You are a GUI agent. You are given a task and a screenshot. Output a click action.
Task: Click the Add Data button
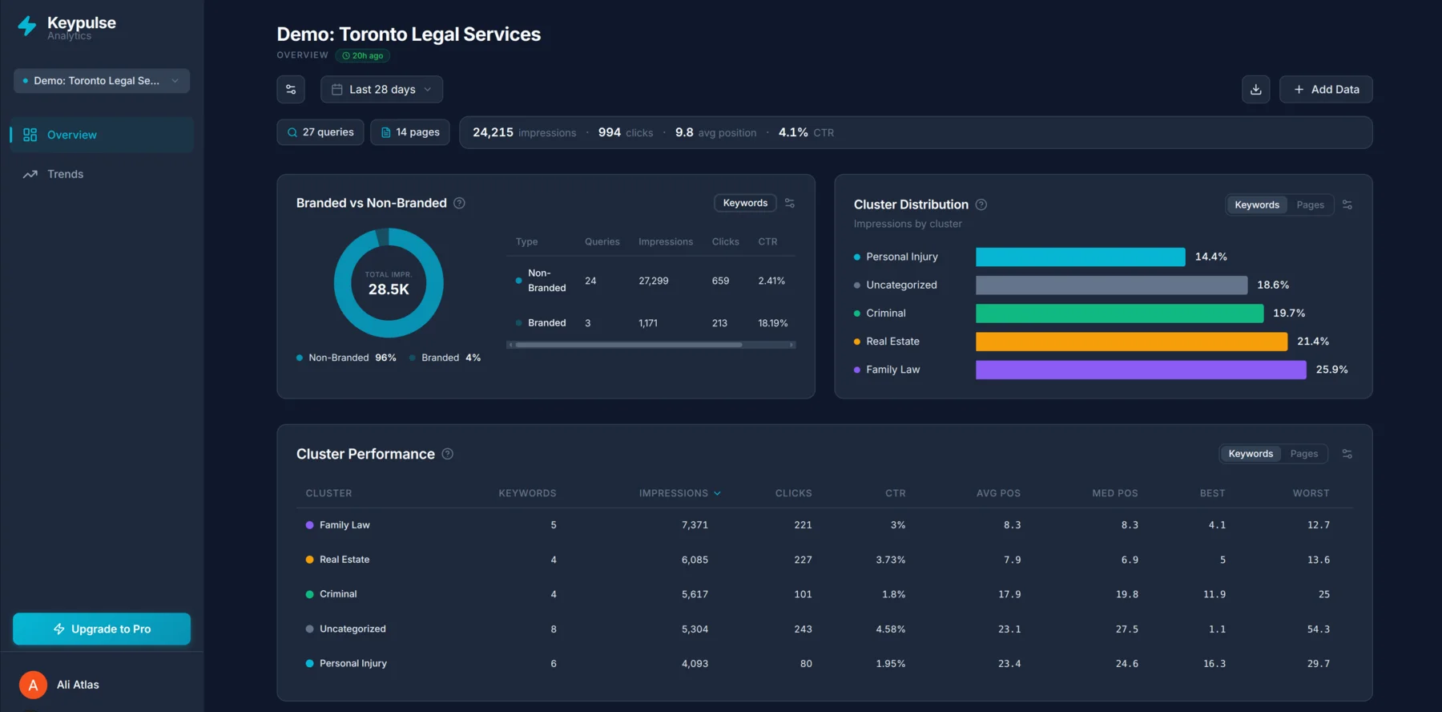[1326, 90]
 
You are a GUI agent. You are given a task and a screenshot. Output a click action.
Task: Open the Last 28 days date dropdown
[381, 90]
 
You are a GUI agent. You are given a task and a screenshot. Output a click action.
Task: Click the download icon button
[1255, 90]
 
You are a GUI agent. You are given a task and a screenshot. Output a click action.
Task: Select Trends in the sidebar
[65, 174]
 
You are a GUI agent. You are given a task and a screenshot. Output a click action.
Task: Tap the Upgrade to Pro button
[102, 629]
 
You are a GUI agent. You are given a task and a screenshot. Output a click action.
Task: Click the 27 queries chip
[320, 132]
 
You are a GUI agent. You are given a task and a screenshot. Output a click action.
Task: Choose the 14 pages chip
[410, 132]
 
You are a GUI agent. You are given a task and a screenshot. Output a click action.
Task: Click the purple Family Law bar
[1140, 370]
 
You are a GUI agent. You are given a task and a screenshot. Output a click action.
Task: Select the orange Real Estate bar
[1130, 342]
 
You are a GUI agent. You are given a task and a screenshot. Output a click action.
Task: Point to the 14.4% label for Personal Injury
[1210, 257]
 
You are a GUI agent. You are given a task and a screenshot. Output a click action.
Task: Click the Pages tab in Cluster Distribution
[1310, 205]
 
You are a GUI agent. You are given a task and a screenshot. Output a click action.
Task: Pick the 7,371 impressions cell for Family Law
[695, 525]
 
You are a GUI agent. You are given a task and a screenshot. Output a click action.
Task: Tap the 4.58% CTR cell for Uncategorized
[890, 629]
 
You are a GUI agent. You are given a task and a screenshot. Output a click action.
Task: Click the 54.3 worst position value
[1318, 629]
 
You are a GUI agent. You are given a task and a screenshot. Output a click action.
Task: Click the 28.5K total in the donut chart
[389, 289]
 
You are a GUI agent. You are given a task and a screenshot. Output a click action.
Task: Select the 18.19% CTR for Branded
[772, 323]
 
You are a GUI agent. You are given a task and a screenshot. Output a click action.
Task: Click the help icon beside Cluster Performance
[448, 454]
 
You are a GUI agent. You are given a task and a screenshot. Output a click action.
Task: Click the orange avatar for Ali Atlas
[33, 685]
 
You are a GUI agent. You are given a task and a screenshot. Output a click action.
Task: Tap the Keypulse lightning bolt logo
[27, 26]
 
